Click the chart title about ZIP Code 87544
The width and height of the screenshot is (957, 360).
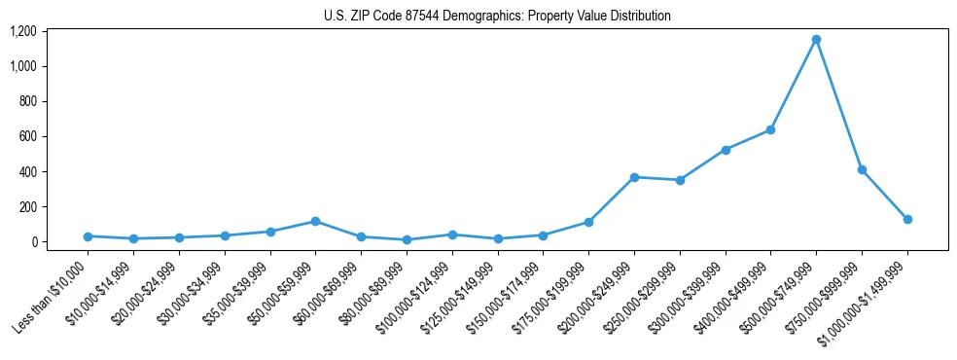point(497,17)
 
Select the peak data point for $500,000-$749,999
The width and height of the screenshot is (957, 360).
point(816,40)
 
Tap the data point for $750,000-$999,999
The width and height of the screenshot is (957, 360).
point(862,169)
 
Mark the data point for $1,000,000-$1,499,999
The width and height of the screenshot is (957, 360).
point(907,220)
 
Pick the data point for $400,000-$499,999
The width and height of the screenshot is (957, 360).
point(770,129)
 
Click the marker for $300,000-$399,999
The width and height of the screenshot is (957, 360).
point(726,150)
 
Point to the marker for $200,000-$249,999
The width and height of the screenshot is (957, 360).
point(634,177)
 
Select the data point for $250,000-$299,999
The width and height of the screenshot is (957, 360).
point(680,180)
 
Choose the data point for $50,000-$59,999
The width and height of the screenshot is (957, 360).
point(315,221)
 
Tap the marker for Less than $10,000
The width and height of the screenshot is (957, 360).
point(88,236)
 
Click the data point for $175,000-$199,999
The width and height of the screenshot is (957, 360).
point(588,222)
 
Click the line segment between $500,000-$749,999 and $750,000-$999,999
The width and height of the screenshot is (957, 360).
point(838,104)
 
